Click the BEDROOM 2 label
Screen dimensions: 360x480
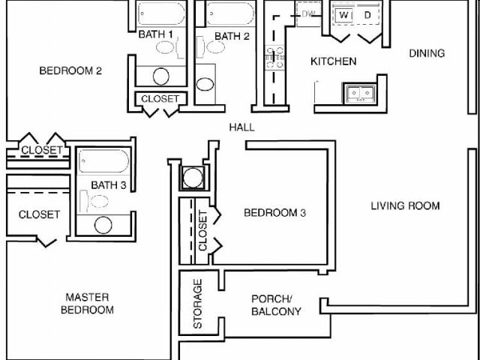[70, 72]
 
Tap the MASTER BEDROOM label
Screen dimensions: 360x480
[88, 304]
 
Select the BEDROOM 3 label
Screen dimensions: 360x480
[275, 213]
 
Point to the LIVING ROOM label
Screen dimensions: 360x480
[405, 206]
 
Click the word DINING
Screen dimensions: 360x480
[427, 53]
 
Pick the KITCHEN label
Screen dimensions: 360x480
[334, 61]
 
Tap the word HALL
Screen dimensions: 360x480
[241, 127]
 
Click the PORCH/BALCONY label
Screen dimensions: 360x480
[276, 304]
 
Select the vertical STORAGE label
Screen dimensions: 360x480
[198, 304]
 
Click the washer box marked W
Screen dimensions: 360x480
[343, 15]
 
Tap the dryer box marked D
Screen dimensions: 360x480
[367, 15]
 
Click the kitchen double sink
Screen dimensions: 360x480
[358, 94]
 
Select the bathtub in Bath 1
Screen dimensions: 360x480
[161, 13]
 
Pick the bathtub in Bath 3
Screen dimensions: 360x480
[104, 162]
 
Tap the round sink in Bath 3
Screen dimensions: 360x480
[103, 225]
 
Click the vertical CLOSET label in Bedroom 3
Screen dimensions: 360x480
[202, 231]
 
